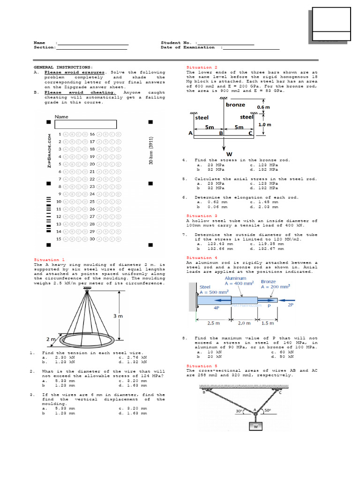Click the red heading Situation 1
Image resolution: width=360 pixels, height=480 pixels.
click(x=46, y=260)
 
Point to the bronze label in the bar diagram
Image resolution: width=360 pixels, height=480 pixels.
click(x=235, y=105)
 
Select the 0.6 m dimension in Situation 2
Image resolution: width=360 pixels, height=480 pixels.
click(x=263, y=107)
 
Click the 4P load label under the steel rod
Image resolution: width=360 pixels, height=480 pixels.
click(x=216, y=308)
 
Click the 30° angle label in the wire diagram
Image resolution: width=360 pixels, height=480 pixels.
click(x=240, y=411)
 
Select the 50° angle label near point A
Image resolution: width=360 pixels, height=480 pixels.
click(x=268, y=411)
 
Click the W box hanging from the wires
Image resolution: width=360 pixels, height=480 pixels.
click(x=255, y=427)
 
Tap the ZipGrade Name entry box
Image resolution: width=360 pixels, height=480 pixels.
click(x=85, y=124)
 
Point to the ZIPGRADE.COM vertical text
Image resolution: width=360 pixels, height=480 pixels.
click(x=49, y=150)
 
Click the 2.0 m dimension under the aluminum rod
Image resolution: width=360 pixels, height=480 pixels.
click(x=244, y=323)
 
